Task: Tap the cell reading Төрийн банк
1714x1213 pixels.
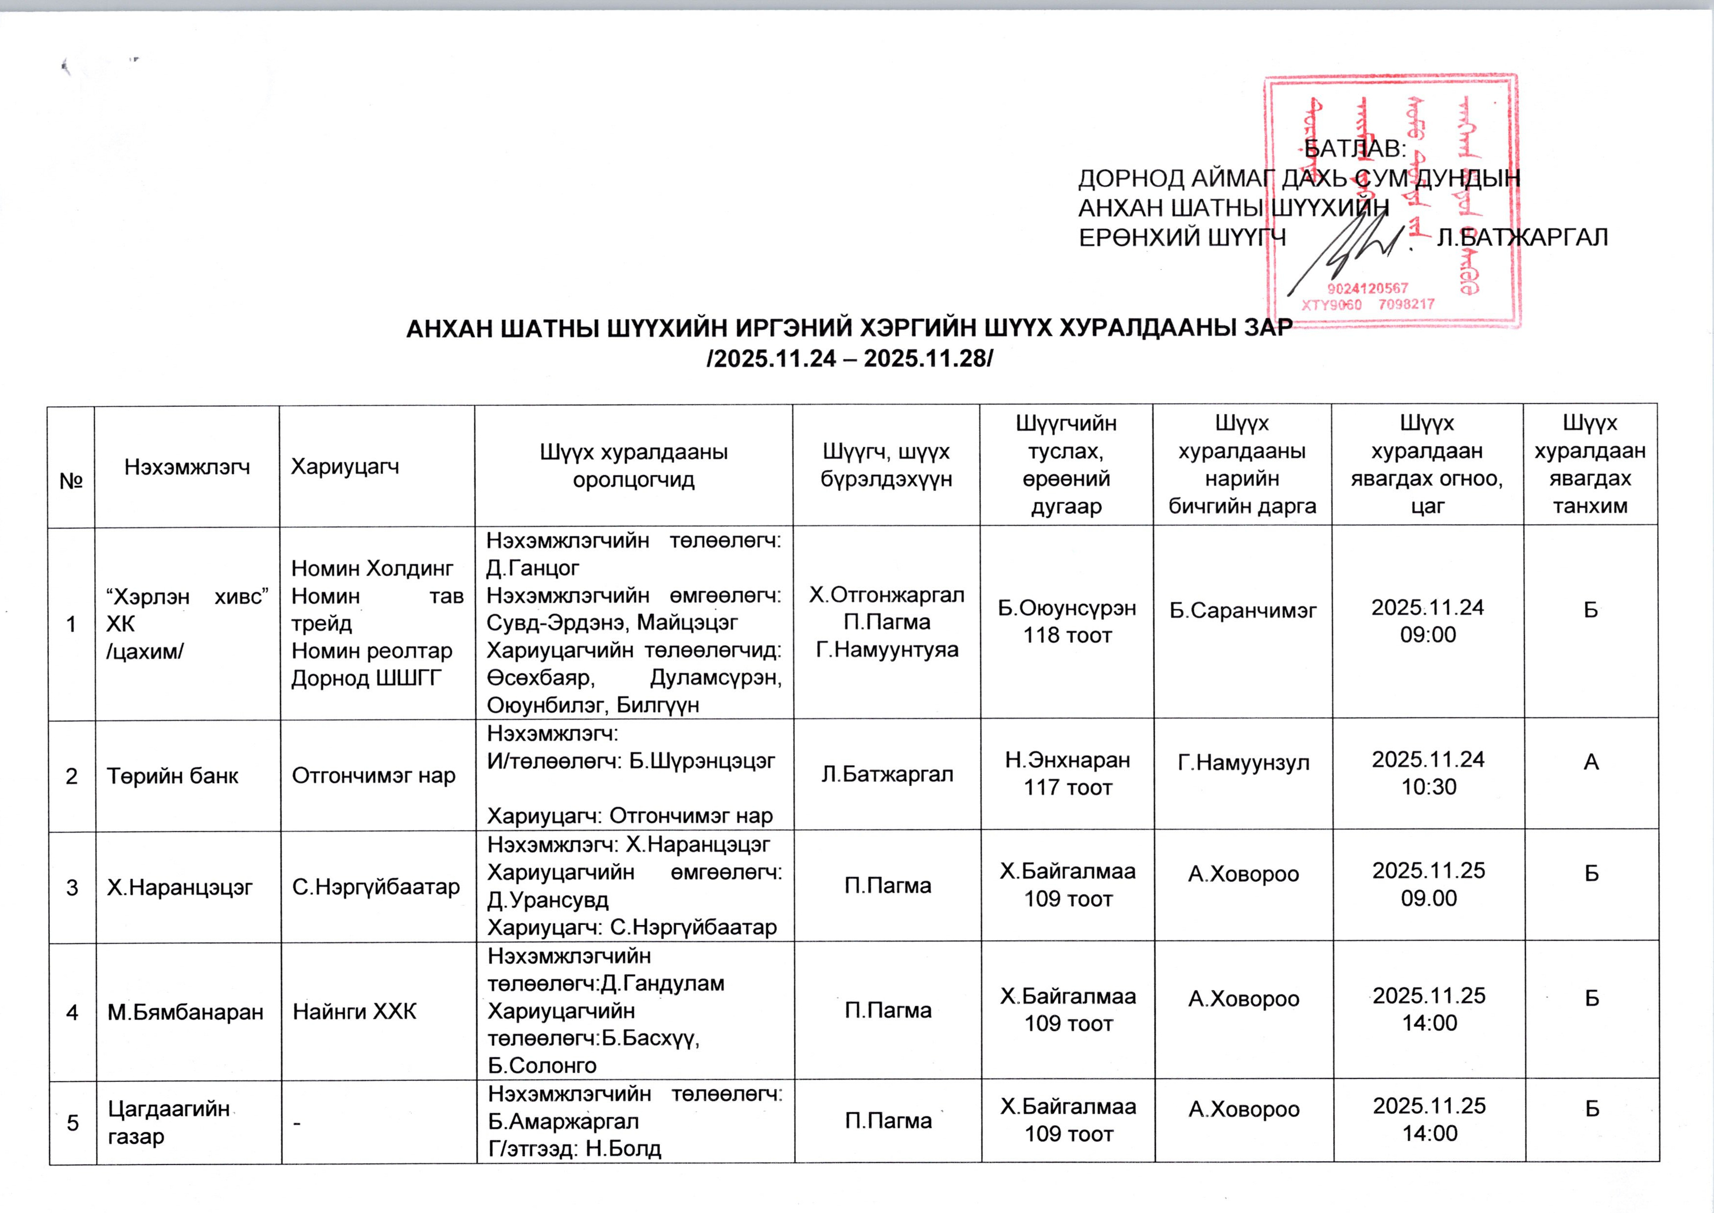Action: pyautogui.click(x=173, y=776)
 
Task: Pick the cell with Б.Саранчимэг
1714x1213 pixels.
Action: pyautogui.click(x=1242, y=610)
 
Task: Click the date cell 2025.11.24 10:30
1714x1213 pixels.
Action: pyautogui.click(x=1428, y=773)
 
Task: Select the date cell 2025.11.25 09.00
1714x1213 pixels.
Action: pyautogui.click(x=1428, y=884)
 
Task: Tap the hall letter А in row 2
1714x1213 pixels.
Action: pyautogui.click(x=1591, y=762)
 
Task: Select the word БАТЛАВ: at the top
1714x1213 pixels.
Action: pyautogui.click(x=1355, y=149)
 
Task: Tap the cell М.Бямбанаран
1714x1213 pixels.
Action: pyautogui.click(x=185, y=1012)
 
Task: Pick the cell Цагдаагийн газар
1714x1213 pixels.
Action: pyautogui.click(x=169, y=1122)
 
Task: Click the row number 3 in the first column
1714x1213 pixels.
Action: pyautogui.click(x=72, y=887)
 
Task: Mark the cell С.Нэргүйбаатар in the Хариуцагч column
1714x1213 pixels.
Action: pyautogui.click(x=375, y=886)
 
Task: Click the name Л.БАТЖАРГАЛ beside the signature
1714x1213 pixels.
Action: pyautogui.click(x=1522, y=238)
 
